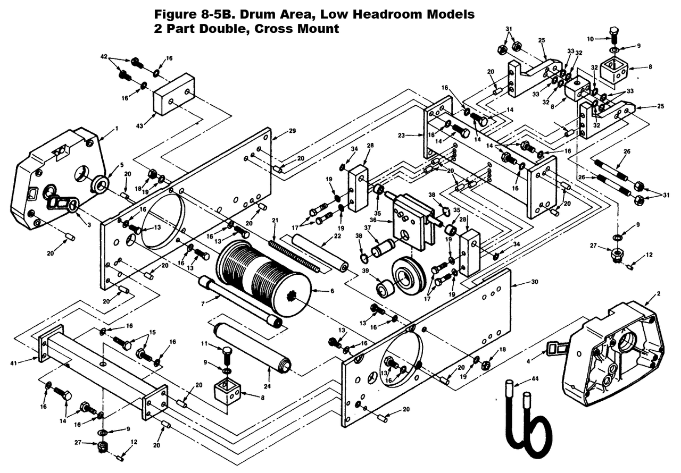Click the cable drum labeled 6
click(264, 278)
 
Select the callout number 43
click(139, 125)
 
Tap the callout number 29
click(292, 131)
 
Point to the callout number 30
click(534, 282)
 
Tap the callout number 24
click(267, 386)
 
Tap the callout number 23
click(401, 136)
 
